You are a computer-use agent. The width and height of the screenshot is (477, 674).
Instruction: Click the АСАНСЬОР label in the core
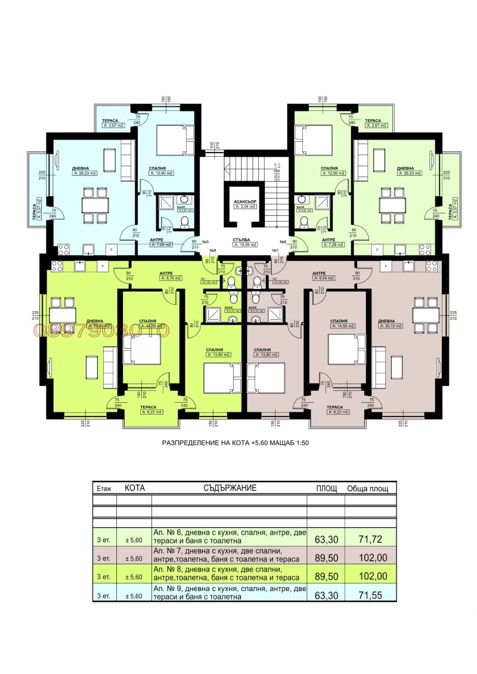(x=245, y=201)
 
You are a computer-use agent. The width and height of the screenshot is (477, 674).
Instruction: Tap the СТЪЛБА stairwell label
(x=246, y=238)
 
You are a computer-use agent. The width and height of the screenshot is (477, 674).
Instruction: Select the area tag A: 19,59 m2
(x=246, y=244)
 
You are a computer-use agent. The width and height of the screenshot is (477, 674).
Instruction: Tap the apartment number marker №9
(x=205, y=242)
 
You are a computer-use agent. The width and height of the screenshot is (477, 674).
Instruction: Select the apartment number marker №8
(x=213, y=250)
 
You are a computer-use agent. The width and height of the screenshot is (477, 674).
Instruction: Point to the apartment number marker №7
(x=275, y=250)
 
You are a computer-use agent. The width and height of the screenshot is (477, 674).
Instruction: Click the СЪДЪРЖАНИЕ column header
(x=229, y=487)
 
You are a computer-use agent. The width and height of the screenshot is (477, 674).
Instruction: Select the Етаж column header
(x=104, y=488)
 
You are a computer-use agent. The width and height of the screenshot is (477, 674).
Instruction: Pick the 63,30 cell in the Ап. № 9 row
(x=326, y=594)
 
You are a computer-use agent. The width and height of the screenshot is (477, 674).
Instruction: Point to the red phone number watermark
(x=101, y=330)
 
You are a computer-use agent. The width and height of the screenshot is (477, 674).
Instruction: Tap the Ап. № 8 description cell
(x=229, y=576)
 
